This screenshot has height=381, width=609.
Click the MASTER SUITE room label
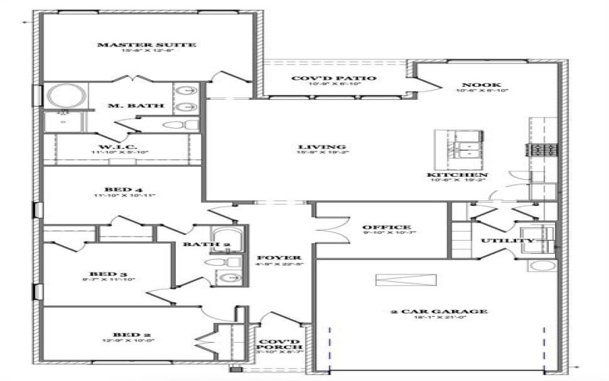click(147, 46)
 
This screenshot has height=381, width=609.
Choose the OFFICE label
click(386, 227)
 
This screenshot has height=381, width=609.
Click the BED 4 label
click(123, 189)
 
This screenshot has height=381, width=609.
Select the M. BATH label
click(125, 106)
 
